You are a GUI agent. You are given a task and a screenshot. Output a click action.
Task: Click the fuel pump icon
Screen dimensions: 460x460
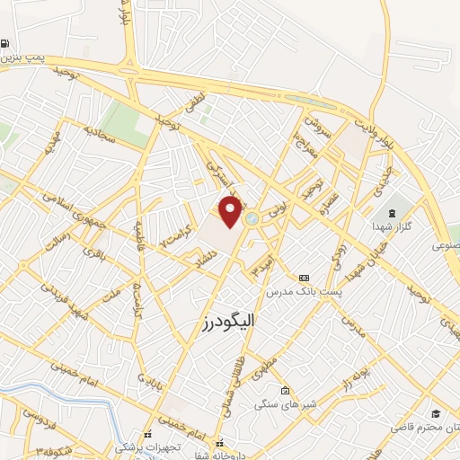(x=6, y=43)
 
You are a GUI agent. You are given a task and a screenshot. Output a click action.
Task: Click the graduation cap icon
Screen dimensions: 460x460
(x=435, y=413)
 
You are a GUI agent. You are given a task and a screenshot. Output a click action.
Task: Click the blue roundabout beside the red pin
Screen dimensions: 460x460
(x=252, y=216)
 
